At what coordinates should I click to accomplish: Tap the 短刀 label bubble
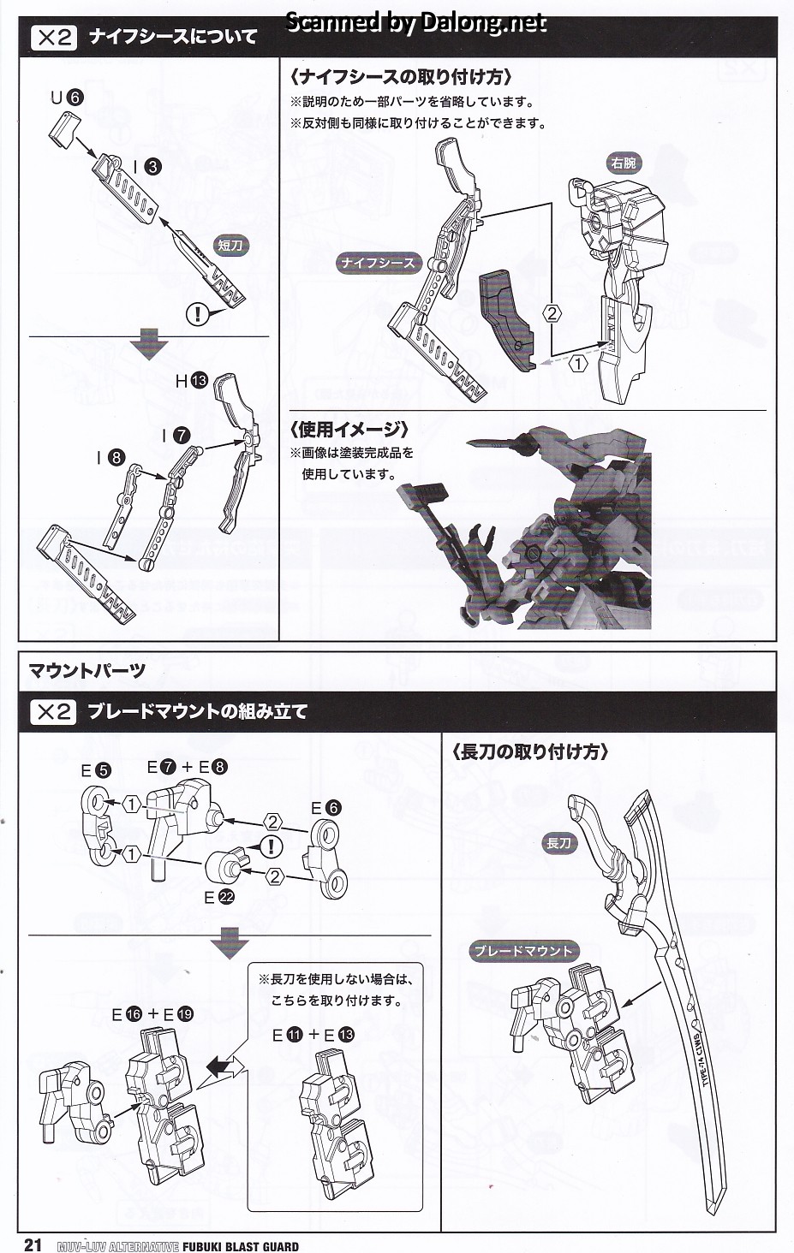coord(230,246)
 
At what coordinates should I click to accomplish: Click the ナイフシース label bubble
coord(378,263)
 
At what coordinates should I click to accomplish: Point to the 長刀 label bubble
coord(558,843)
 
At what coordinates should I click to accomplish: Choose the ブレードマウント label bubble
coord(522,951)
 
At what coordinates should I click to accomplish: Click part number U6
coord(66,98)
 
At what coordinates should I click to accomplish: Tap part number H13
coord(191,380)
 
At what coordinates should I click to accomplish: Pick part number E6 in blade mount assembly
coord(326,807)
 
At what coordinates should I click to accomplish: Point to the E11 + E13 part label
coord(313,1035)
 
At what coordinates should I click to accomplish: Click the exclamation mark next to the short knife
coord(197,313)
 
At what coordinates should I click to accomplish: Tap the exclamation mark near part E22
coord(271,847)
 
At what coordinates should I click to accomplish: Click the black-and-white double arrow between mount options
coord(224,1066)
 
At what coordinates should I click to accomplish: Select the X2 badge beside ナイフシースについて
coord(53,37)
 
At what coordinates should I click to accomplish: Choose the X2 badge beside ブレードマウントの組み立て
coord(53,711)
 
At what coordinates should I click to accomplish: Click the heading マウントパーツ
coord(87,670)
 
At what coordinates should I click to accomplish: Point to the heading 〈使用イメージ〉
coord(349,429)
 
